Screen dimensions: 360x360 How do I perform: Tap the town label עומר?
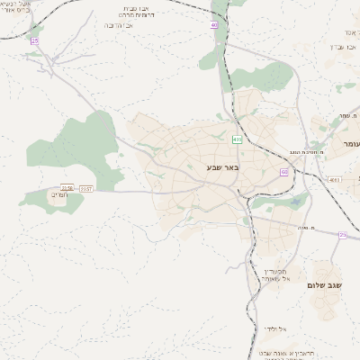coord(349,144)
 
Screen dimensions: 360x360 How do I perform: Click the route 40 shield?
coord(215,25)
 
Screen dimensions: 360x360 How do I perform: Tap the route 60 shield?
coord(284,172)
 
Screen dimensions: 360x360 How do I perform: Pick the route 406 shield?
coord(236,139)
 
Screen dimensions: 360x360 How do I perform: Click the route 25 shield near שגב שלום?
coord(343,235)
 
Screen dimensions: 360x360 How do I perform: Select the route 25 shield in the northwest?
coord(35,41)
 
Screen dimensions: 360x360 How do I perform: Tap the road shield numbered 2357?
coord(86,188)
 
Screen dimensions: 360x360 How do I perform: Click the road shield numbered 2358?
coord(68,188)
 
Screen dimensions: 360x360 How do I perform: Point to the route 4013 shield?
coord(334,180)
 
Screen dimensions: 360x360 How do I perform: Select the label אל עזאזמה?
coord(275,275)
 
